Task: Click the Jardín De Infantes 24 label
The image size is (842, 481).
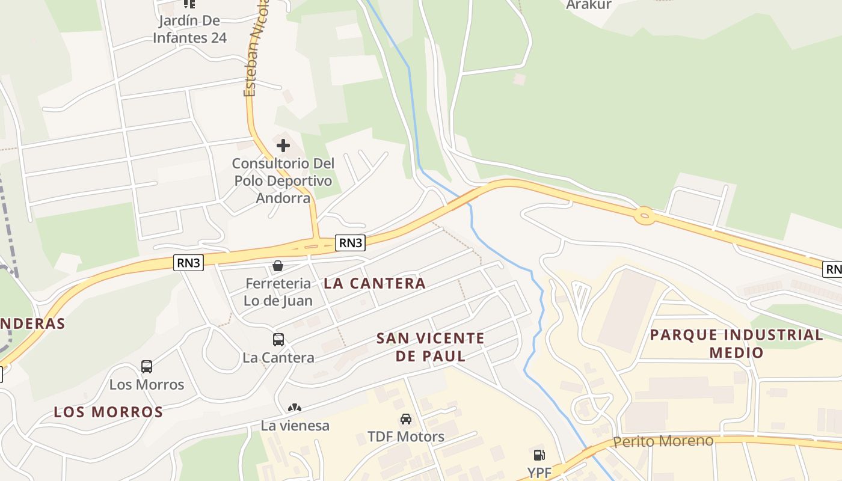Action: coord(189,29)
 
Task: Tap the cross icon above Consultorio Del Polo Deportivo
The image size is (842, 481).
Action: coord(283,146)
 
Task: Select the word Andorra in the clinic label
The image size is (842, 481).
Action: coord(283,198)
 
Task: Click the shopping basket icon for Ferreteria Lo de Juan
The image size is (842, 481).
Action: coord(278,266)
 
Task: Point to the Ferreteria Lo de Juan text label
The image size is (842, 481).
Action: coord(278,292)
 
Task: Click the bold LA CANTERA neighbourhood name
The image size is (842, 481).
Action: coord(375,283)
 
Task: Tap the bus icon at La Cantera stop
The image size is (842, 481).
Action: coord(278,340)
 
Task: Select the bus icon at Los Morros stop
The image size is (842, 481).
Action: coord(147,367)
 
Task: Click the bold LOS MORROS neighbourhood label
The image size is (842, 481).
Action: coord(108,412)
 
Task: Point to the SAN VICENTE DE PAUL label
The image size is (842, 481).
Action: coord(430,347)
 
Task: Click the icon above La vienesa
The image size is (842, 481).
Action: coord(295,408)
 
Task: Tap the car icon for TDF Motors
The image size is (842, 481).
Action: coord(406,419)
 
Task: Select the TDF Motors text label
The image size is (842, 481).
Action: coord(406,437)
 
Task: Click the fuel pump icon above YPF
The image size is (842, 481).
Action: coord(539,455)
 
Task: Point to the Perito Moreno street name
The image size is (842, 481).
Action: coord(663,441)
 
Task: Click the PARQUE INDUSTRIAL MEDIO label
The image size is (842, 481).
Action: coord(736,343)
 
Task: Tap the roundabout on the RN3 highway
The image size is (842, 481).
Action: coord(644,215)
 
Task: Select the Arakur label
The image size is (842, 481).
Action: coord(588,5)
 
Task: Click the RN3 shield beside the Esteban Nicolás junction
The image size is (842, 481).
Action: coord(350,243)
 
